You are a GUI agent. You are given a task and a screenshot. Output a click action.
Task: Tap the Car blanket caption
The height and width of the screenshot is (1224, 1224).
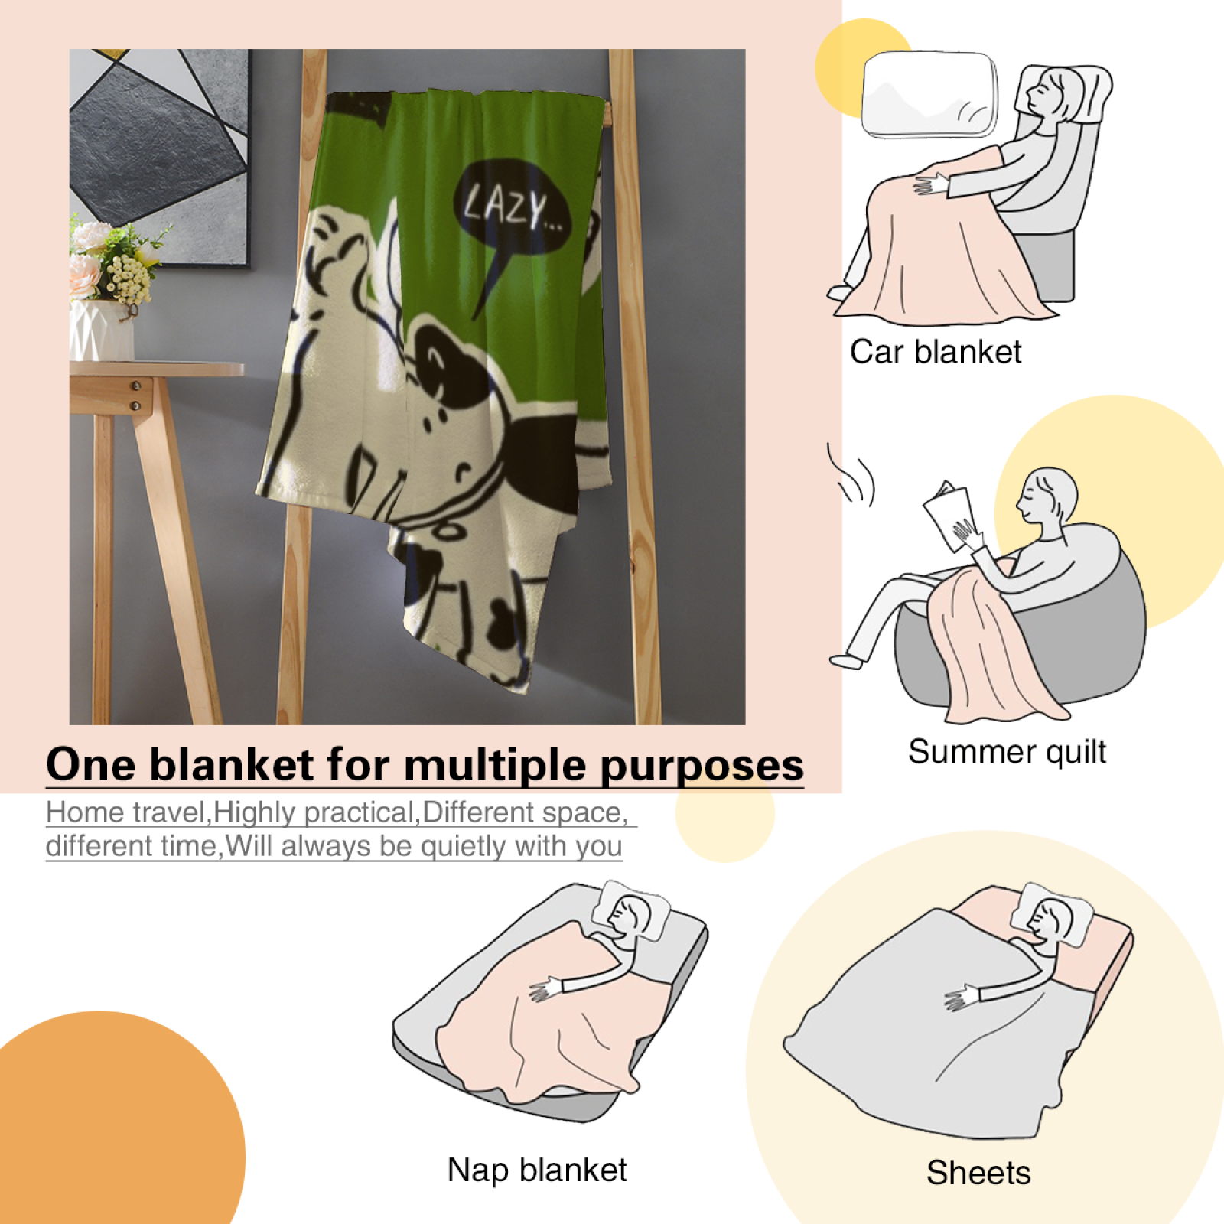pyautogui.click(x=936, y=352)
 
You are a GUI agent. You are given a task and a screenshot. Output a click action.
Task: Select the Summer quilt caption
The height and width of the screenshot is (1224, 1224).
pyautogui.click(x=1007, y=752)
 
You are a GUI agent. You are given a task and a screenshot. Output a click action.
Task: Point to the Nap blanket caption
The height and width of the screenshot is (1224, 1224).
pyautogui.click(x=537, y=1170)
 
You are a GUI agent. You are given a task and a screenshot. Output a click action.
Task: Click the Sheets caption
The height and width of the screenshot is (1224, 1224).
pyautogui.click(x=978, y=1172)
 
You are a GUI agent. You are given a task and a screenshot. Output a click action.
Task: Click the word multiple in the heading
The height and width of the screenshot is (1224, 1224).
pyautogui.click(x=496, y=765)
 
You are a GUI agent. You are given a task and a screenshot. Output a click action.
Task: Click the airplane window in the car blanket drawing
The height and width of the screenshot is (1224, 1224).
pyautogui.click(x=929, y=95)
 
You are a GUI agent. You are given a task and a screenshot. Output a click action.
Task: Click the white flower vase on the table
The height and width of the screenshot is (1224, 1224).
pyautogui.click(x=101, y=329)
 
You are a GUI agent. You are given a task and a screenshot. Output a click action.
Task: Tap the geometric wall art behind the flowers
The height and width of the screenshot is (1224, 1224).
pyautogui.click(x=159, y=153)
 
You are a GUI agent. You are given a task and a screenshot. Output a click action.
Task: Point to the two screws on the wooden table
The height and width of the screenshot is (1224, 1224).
pyautogui.click(x=136, y=396)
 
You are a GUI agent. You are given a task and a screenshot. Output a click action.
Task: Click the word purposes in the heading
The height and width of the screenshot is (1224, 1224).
pyautogui.click(x=702, y=767)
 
